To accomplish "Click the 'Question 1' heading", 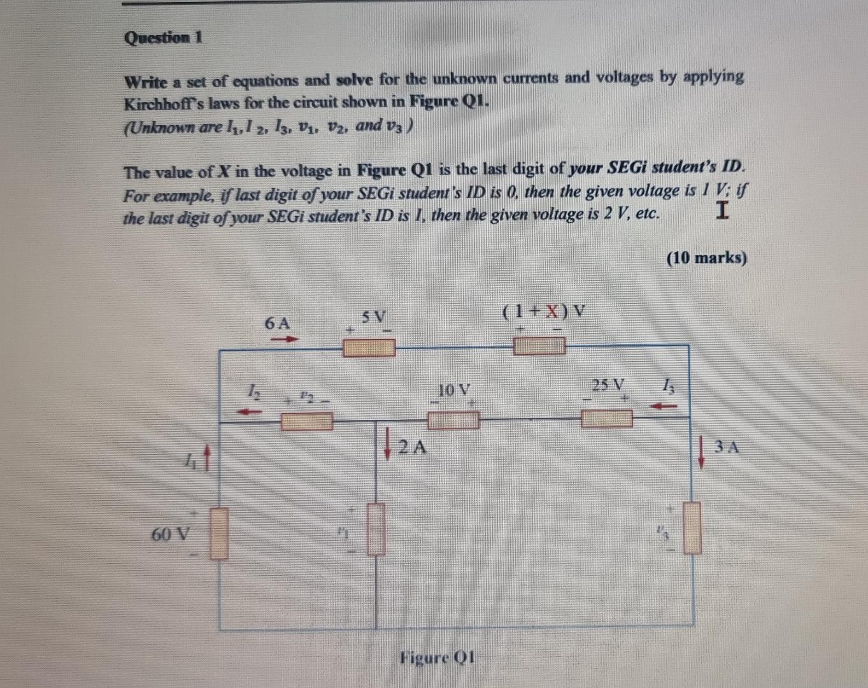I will point(163,38).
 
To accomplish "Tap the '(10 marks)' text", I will point(706,259).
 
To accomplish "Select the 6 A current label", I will point(277,323).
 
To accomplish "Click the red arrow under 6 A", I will point(285,340).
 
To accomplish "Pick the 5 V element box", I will point(369,348).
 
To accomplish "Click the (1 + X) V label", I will point(544,312).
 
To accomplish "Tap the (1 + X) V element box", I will point(539,346).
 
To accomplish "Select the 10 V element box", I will point(453,419).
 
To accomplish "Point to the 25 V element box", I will point(606,418).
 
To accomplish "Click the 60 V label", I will point(169,533).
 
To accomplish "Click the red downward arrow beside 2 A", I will point(388,443).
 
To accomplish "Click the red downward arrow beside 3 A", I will point(702,450).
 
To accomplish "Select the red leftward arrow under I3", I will point(664,405).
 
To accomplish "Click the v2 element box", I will point(307,421).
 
